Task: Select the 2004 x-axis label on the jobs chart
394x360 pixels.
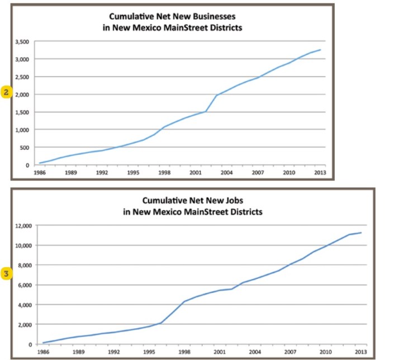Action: (x=255, y=352)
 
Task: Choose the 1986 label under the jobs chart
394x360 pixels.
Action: (x=43, y=352)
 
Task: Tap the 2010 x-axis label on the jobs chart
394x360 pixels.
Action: (x=325, y=352)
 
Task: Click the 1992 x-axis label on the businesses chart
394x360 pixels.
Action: (x=101, y=173)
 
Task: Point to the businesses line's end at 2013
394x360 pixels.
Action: (x=320, y=50)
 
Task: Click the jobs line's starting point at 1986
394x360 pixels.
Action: (x=44, y=343)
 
